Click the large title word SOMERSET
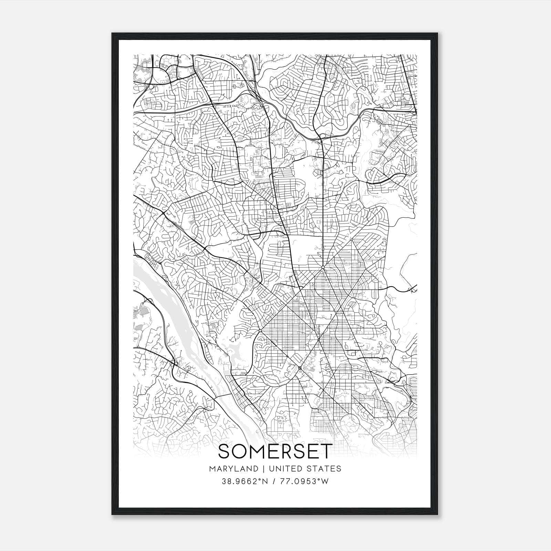click(x=275, y=451)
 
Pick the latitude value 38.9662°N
click(x=244, y=481)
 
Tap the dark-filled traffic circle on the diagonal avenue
click(x=300, y=368)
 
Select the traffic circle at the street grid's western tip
click(x=260, y=331)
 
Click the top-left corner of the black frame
click(x=112, y=33)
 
